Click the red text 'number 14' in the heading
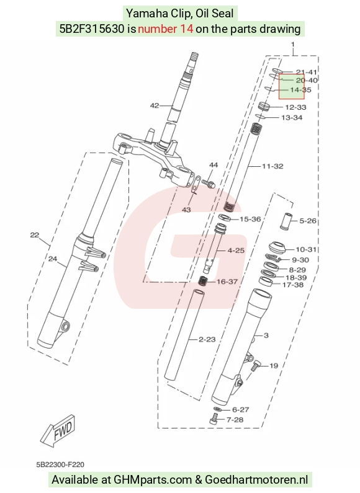point(165,29)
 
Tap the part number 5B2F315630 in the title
point(92,29)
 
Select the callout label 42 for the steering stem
point(154,105)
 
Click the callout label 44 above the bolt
point(214,165)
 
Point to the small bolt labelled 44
point(209,183)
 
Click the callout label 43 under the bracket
point(186,210)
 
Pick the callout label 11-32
point(273,166)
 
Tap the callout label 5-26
point(307,221)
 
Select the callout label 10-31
point(306,249)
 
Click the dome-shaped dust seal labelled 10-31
point(277,247)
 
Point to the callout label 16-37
point(227,282)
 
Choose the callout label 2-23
point(207,339)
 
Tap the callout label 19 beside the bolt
point(274,366)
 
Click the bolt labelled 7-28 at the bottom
point(214,419)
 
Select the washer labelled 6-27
point(217,409)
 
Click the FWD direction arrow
point(58,431)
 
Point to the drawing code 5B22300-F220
point(60,464)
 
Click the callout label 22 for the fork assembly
point(35,235)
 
